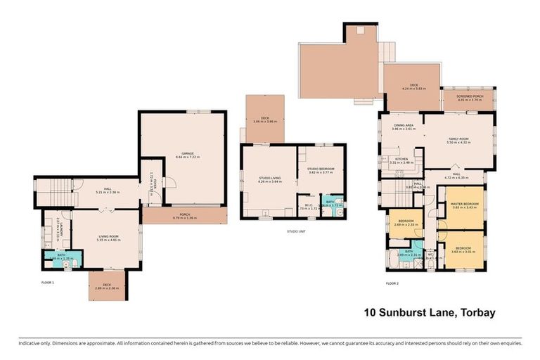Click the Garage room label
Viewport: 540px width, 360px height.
pyautogui.click(x=187, y=154)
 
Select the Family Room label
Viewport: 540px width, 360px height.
pyautogui.click(x=459, y=141)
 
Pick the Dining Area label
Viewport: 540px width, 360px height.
pyautogui.click(x=404, y=127)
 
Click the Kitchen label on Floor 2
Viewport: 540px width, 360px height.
pyautogui.click(x=401, y=161)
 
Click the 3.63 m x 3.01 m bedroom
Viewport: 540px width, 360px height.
pyautogui.click(x=462, y=250)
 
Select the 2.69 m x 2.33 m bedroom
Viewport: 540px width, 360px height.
pyautogui.click(x=406, y=224)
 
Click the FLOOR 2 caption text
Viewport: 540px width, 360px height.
pyautogui.click(x=392, y=283)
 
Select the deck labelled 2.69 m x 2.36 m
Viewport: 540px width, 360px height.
pyautogui.click(x=104, y=288)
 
